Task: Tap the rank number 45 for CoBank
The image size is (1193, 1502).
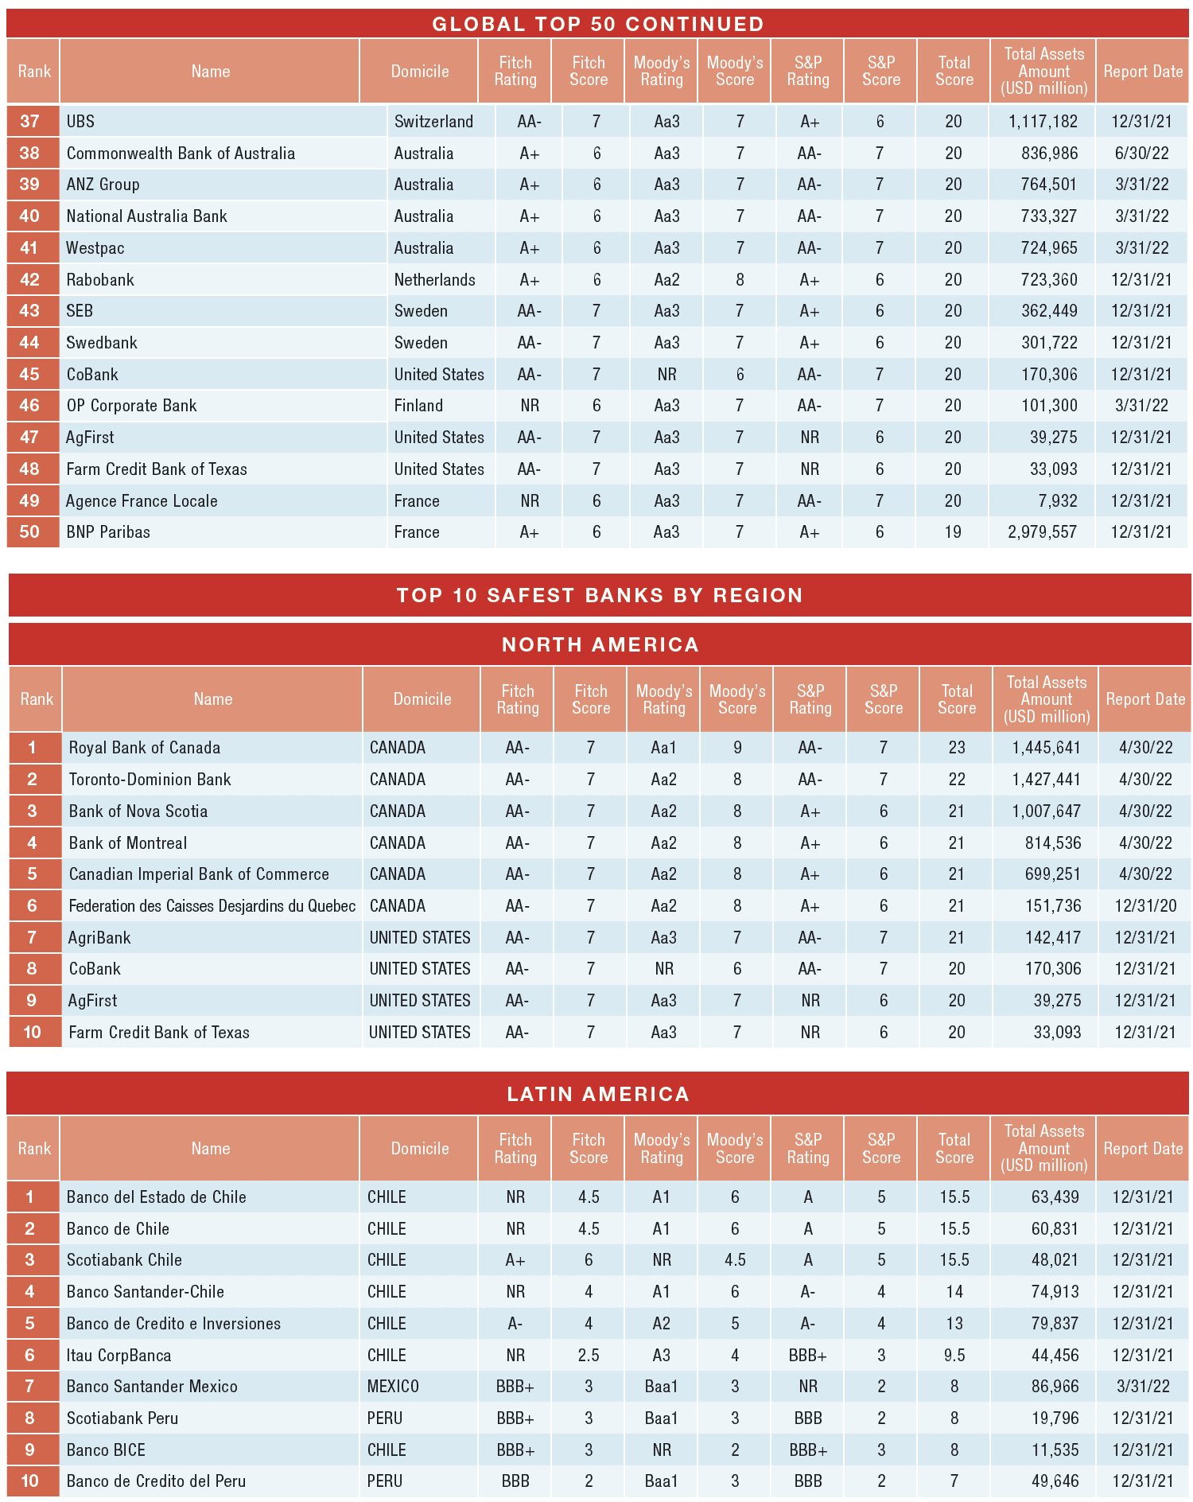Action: point(29,375)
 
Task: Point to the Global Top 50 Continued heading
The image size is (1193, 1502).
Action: point(598,24)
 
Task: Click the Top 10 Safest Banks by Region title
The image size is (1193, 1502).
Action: point(600,595)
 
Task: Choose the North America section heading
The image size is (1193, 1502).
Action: point(600,644)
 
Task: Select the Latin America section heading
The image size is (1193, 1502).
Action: point(598,1094)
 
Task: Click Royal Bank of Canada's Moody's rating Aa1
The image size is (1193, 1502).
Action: point(663,748)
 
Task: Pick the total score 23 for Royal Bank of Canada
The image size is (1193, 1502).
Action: point(956,748)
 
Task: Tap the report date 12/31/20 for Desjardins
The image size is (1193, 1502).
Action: point(1145,906)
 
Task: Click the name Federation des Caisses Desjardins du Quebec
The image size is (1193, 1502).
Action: point(212,906)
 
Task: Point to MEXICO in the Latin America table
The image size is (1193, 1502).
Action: point(393,1387)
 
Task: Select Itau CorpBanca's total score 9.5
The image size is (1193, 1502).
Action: point(954,1356)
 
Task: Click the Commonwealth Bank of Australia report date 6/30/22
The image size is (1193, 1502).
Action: point(1142,154)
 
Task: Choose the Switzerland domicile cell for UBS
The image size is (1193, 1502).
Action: point(433,122)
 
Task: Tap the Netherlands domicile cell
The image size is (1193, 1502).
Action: point(434,280)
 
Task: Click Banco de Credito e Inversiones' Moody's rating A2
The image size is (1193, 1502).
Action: point(661,1324)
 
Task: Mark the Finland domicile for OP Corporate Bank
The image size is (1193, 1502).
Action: point(418,406)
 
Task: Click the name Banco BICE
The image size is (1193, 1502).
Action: point(106,1450)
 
